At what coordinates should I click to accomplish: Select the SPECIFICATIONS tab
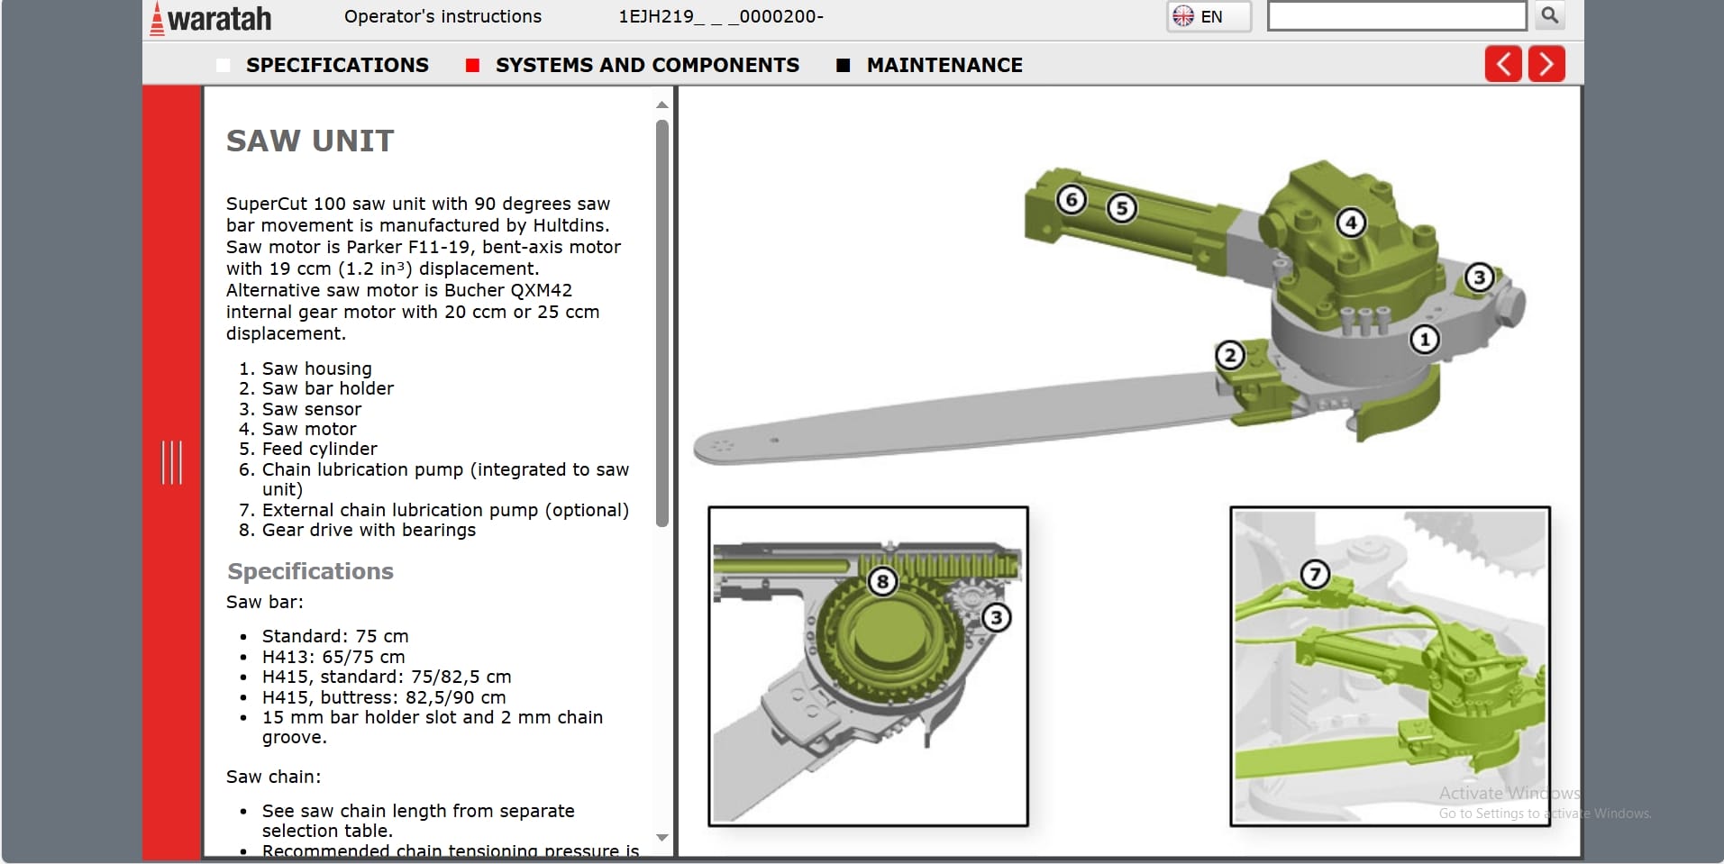pos(336,65)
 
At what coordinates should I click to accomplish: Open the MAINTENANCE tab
pos(944,65)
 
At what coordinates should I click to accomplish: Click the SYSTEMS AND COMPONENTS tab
pos(646,65)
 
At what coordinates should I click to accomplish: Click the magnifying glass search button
pos(1549,15)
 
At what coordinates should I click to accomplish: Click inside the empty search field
pos(1396,16)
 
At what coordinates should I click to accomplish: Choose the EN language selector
pos(1209,16)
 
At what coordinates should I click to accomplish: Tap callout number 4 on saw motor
pos(1350,222)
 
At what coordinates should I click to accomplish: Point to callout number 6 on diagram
pos(1071,199)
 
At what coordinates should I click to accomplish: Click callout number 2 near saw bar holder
pos(1230,355)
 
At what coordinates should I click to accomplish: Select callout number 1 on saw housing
pos(1424,340)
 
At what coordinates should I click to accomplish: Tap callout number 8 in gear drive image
pos(882,582)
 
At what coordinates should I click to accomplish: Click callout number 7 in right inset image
pos(1315,574)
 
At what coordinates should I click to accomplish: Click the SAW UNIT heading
pos(310,141)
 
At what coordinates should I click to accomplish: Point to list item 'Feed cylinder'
pos(319,449)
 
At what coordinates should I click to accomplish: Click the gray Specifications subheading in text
pos(310,571)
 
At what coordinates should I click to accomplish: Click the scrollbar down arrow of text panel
pos(662,838)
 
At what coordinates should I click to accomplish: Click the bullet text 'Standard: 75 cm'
pos(335,636)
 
